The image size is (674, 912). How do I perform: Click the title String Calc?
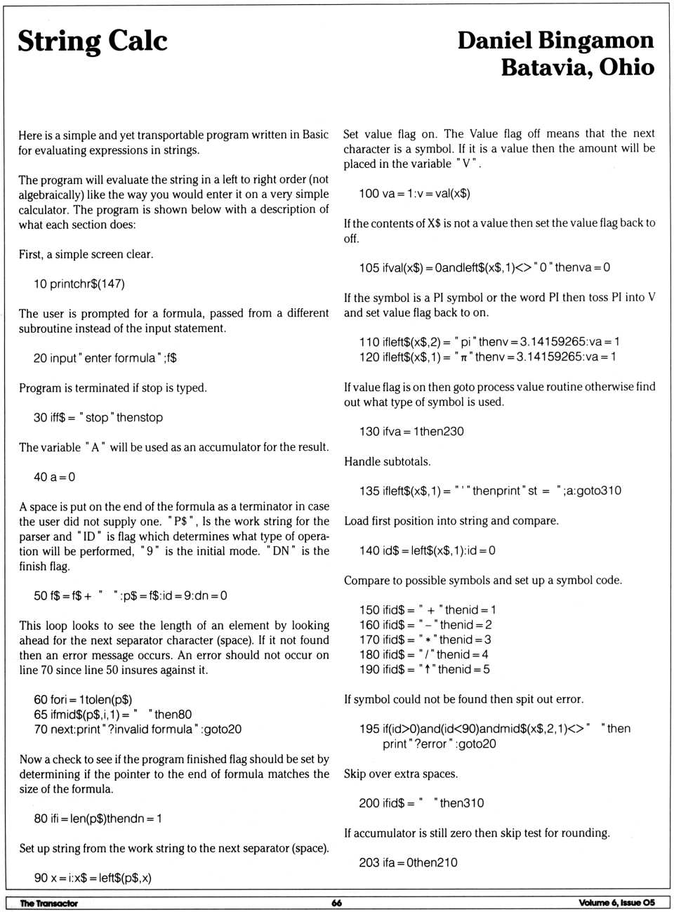(93, 41)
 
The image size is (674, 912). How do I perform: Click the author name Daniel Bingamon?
(555, 40)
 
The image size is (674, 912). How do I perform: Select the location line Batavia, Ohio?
(577, 67)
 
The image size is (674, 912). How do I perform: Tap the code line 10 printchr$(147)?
(79, 284)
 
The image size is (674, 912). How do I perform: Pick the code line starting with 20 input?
(105, 358)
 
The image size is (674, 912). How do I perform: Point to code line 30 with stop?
(98, 418)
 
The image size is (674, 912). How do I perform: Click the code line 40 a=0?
(55, 477)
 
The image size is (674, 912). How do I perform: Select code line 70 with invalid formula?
(138, 729)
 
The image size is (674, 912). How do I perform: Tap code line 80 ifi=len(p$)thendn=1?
(98, 819)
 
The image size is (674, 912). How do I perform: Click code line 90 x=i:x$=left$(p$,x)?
(93, 878)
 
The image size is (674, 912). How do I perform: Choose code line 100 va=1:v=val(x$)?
(414, 194)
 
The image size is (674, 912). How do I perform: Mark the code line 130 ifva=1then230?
(411, 432)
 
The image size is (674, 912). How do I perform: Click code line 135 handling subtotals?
(490, 491)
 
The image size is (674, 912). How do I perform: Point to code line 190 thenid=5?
(425, 670)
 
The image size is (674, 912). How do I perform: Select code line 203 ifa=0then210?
(408, 862)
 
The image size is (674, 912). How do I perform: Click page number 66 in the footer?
(337, 903)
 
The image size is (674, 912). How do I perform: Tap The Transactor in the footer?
(49, 903)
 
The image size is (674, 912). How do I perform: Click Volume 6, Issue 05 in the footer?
(616, 903)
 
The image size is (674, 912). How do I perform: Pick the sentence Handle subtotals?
(388, 462)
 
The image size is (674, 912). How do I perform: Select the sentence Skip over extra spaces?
(401, 774)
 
